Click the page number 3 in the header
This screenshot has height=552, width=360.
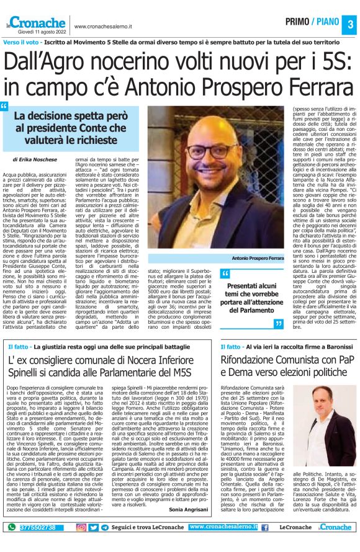coord(349,24)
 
